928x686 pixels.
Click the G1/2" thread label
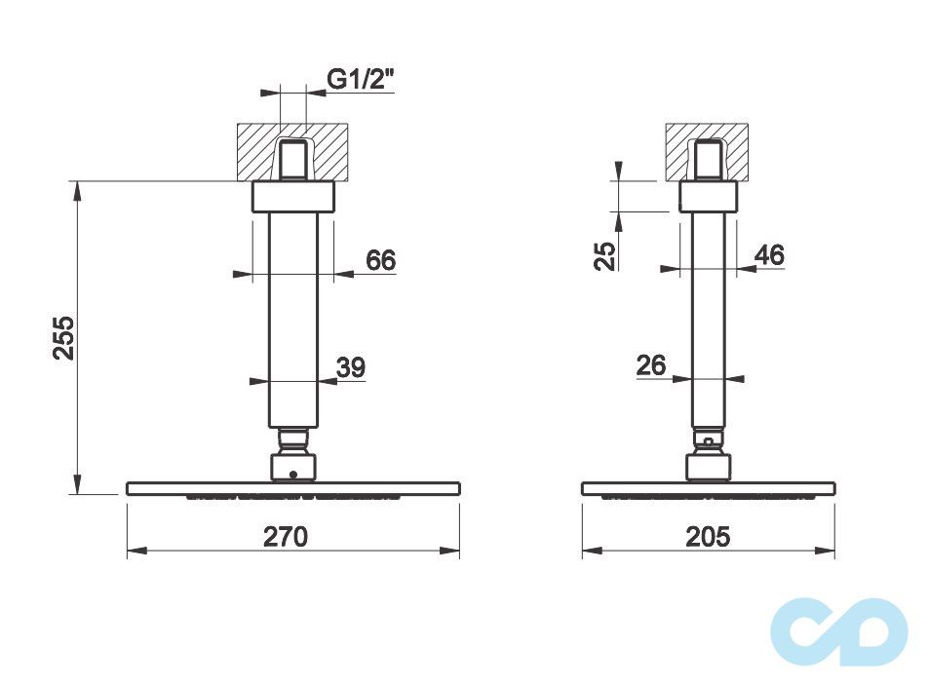coord(360,80)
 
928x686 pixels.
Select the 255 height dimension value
coord(63,338)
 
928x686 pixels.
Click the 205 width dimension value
coord(708,536)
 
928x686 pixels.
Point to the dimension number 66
coord(380,260)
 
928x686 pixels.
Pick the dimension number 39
coord(350,367)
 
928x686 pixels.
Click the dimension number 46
coord(769,255)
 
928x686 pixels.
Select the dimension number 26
coord(650,365)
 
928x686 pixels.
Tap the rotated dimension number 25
coord(606,255)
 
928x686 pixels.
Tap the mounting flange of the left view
coord(292,197)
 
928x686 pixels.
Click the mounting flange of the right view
coord(708,197)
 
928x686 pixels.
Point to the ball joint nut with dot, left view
coord(292,467)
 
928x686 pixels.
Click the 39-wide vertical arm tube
coord(292,322)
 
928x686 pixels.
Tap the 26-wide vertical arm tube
coord(708,322)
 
